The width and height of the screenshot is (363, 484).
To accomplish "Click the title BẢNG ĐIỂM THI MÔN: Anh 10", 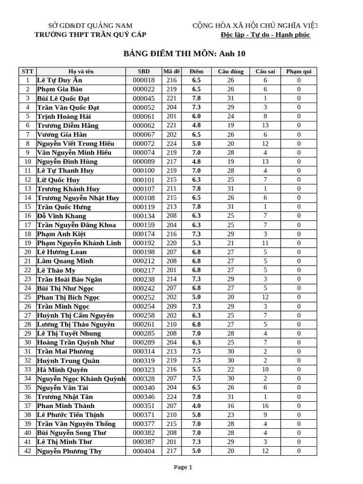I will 184,54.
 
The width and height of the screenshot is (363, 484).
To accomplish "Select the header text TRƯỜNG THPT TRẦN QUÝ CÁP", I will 91,35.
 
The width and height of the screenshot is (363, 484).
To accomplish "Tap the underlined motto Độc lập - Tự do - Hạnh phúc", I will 266,35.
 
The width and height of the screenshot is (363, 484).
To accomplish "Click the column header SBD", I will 144,71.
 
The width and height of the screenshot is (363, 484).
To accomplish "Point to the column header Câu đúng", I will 231,71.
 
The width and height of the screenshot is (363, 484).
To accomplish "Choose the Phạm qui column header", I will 299,71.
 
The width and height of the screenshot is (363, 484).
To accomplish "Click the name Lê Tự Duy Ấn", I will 60,80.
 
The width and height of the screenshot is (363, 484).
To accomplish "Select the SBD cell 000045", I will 144,98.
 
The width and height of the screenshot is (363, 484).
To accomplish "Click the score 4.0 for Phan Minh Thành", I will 196,406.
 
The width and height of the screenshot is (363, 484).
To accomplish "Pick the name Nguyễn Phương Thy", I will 69,451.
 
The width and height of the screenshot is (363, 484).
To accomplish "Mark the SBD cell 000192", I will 144,243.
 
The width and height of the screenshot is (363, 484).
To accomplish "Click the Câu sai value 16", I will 265,406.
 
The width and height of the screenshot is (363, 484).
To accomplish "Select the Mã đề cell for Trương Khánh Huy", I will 171,189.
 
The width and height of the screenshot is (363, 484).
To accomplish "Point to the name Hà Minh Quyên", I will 62,370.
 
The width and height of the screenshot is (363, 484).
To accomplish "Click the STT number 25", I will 27,297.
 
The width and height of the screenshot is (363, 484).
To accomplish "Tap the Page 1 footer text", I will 183,467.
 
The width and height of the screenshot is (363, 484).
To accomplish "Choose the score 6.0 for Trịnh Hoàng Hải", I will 196,116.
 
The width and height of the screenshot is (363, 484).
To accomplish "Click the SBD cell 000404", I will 144,451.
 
